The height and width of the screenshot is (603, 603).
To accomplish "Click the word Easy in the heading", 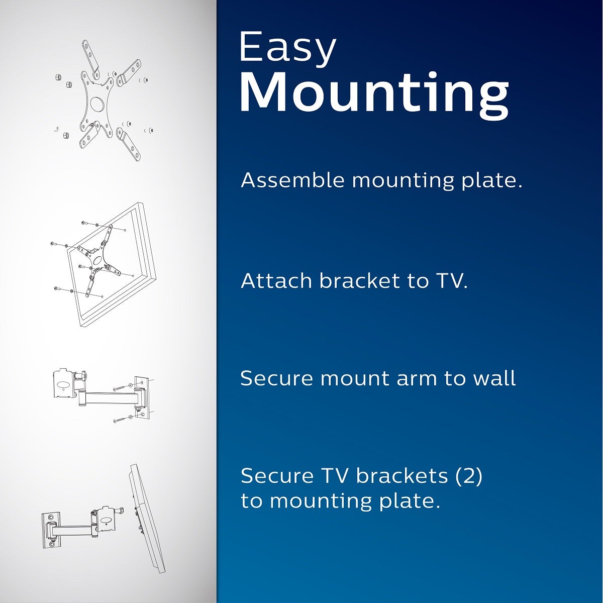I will tap(287, 48).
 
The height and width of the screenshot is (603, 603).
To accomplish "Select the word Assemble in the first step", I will tap(292, 180).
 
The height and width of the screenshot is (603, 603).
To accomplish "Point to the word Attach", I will tap(277, 280).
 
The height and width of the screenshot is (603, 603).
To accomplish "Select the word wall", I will tap(494, 378).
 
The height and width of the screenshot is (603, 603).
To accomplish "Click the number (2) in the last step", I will tap(468, 475).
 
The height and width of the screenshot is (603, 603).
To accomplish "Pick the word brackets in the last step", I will tap(401, 475).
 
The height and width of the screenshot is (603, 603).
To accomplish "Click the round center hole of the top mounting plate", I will tap(97, 103).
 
